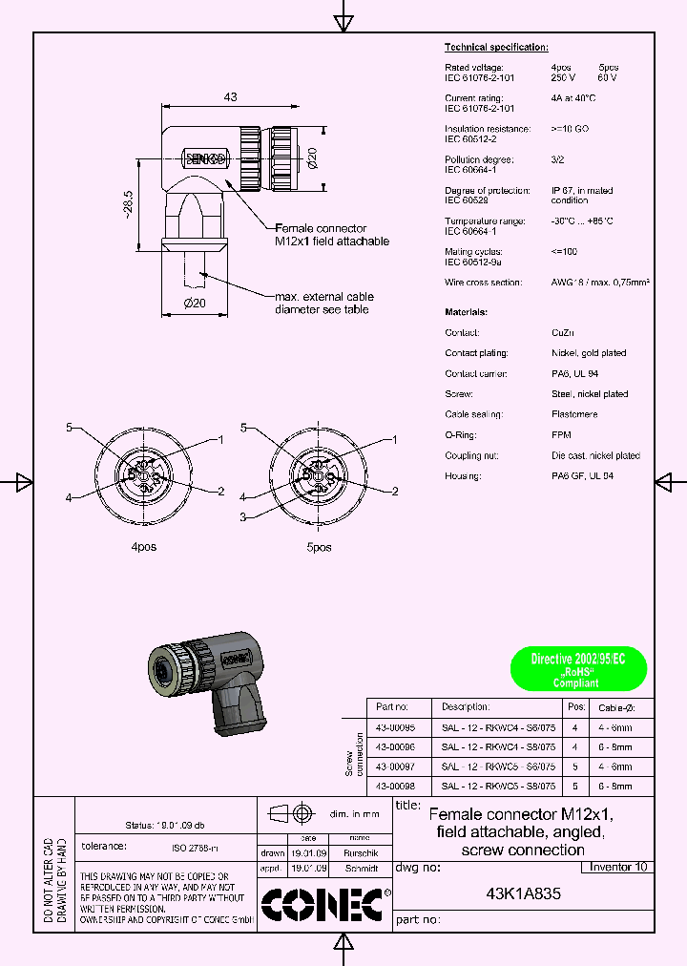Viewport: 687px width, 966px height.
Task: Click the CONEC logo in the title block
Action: [x=323, y=904]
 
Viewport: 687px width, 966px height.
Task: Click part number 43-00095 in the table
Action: [x=395, y=727]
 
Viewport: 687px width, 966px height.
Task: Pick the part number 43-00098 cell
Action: [x=395, y=786]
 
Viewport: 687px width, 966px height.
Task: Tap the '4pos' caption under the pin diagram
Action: [x=143, y=547]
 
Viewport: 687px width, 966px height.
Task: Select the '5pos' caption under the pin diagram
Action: [x=319, y=547]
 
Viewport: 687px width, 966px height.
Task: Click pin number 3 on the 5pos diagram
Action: [x=243, y=516]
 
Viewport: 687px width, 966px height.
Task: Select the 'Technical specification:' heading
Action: [x=496, y=47]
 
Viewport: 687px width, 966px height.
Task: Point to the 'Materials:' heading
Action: [x=467, y=312]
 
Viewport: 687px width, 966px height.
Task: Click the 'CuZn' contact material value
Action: [x=562, y=333]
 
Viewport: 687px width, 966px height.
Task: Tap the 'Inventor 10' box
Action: [x=618, y=867]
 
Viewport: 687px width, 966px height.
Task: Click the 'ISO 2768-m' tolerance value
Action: [x=196, y=847]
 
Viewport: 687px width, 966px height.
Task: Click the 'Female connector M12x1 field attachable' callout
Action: [x=331, y=235]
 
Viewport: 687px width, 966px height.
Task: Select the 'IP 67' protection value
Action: [x=563, y=191]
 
